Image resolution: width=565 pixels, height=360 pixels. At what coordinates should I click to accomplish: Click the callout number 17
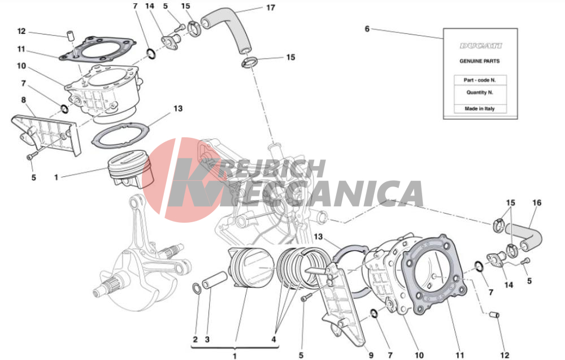tap(271, 7)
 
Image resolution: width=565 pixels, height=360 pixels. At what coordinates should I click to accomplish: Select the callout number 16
tap(537, 203)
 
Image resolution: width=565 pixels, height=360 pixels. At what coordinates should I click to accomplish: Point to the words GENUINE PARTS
tap(480, 61)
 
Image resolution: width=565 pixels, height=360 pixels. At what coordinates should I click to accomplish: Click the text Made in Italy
tap(480, 109)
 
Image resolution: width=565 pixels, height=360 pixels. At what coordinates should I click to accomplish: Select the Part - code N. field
tap(480, 80)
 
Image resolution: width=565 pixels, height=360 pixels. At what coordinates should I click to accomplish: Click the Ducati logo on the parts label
tap(480, 46)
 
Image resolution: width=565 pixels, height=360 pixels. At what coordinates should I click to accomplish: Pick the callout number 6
tap(367, 29)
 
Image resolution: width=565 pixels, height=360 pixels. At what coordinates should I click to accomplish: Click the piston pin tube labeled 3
tap(214, 280)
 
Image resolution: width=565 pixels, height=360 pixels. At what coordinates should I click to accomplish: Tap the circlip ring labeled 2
tap(197, 288)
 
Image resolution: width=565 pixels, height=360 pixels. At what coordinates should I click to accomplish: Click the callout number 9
tap(371, 355)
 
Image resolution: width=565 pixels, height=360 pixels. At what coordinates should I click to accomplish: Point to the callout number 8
tap(23, 100)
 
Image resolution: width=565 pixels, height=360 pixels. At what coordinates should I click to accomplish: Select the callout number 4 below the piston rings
tap(274, 339)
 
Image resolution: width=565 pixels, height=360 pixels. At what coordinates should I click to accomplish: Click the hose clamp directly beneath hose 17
tap(249, 63)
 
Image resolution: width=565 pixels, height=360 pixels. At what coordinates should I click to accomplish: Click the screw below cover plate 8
tap(32, 155)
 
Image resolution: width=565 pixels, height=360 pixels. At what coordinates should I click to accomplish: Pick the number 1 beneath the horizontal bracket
tap(234, 356)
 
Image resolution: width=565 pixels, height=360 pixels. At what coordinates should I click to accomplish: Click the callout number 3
tap(207, 340)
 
